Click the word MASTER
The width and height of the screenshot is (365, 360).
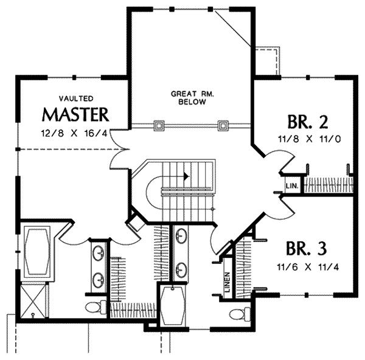76,114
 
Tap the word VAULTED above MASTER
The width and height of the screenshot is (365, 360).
75,97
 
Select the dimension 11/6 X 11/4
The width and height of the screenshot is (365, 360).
307,266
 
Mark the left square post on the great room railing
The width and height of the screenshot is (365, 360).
159,126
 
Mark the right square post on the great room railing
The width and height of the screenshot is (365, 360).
223,126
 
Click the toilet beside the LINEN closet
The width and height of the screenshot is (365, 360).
239,314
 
